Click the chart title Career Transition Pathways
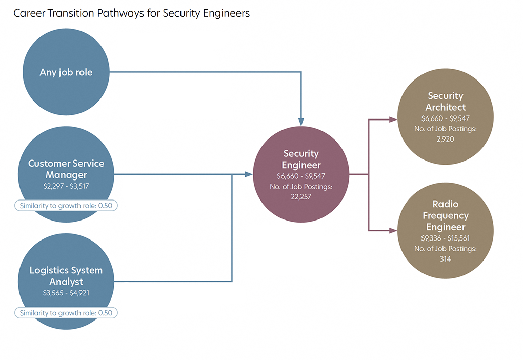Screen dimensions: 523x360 131,13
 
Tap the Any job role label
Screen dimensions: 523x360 66,72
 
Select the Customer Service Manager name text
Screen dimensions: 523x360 66,169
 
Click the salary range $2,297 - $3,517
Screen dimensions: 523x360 66,186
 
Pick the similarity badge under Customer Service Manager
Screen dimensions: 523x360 66,206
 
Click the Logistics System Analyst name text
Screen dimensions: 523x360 66,276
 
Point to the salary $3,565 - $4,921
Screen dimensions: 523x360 66,293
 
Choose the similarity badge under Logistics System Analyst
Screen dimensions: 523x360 66,313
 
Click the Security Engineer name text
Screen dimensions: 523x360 301,159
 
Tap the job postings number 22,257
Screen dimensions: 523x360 301,197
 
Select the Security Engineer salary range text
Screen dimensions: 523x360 301,176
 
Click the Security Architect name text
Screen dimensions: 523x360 446,102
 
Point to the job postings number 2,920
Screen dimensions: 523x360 446,139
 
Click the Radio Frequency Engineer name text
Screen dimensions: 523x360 446,215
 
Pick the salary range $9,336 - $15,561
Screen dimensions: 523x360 446,238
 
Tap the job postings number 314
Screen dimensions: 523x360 446,259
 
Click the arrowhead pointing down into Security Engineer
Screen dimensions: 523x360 301,122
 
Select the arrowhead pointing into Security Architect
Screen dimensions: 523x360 393,119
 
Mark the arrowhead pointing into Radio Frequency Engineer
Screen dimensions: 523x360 393,231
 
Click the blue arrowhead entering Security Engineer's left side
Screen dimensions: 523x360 249,174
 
